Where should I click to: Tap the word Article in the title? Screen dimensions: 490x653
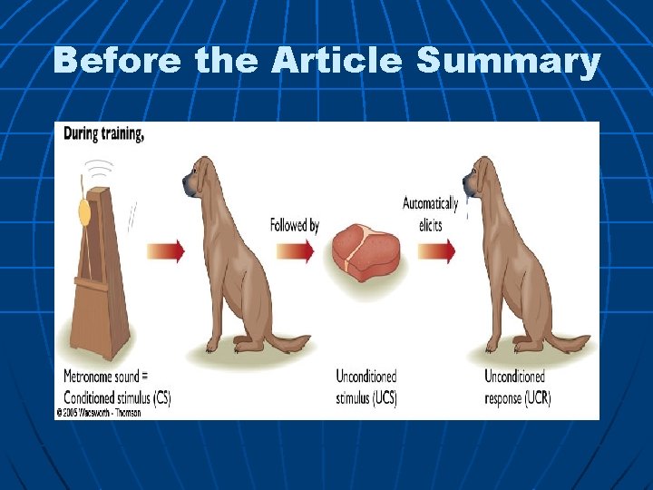click(x=336, y=62)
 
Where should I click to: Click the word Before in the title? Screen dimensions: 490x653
click(x=119, y=62)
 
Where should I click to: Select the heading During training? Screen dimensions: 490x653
click(x=103, y=133)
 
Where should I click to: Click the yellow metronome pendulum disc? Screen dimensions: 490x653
click(x=85, y=212)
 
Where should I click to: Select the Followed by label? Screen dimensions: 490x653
click(x=295, y=225)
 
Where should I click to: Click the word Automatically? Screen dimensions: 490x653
click(x=430, y=204)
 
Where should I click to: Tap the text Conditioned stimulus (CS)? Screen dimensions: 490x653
click(x=117, y=397)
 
